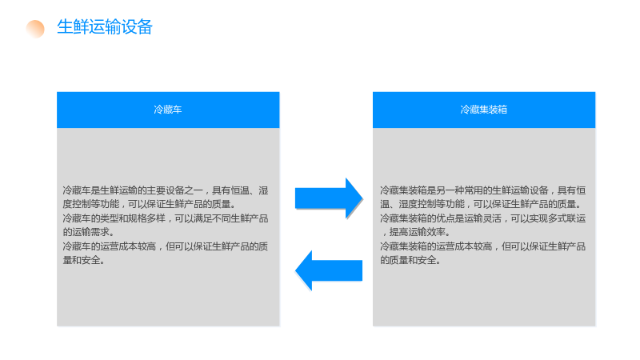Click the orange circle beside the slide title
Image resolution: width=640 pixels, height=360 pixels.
[35, 29]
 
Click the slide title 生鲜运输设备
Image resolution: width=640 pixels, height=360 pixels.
[105, 27]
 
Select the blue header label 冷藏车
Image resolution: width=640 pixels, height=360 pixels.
[168, 110]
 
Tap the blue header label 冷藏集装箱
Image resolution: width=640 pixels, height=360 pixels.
[484, 110]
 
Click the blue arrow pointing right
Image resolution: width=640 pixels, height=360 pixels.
[329, 198]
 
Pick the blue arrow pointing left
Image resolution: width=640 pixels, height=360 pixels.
[329, 270]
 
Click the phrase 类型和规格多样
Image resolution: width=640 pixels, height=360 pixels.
[132, 218]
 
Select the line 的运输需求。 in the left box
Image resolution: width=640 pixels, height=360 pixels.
[88, 232]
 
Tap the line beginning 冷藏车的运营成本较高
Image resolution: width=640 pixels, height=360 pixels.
[166, 246]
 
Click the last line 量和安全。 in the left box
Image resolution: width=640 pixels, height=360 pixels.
[84, 260]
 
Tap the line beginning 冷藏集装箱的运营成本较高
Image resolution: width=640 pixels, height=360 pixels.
[483, 246]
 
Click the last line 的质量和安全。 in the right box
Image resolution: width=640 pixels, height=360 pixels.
[410, 260]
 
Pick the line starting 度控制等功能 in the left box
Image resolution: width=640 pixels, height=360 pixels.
[150, 204]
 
